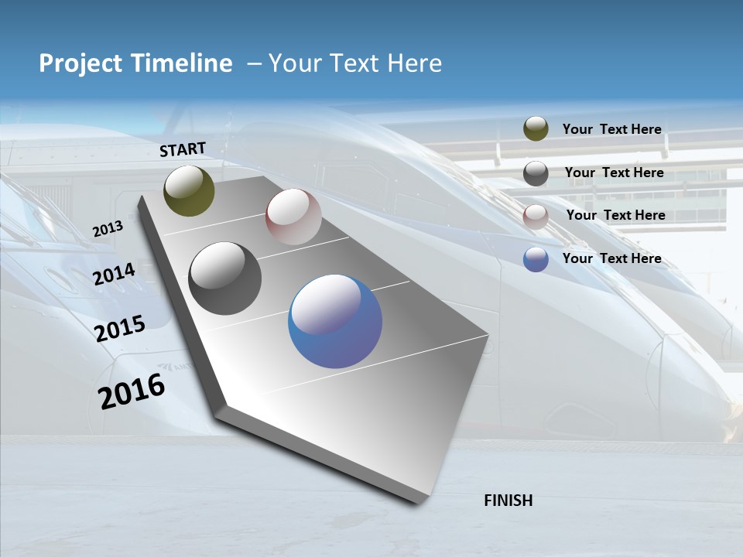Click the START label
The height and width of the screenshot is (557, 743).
point(183,149)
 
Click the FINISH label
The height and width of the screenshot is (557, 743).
point(508,501)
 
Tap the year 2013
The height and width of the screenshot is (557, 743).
point(108,229)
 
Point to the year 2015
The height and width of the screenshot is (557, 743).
point(120,329)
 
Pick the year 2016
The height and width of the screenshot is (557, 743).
point(132,391)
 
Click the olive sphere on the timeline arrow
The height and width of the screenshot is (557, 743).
point(189,190)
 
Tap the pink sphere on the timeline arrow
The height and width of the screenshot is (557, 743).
point(293,217)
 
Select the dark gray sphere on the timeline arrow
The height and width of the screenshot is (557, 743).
point(225,278)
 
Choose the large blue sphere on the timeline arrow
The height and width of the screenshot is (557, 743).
point(335,321)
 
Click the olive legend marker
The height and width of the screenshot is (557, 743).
point(536,129)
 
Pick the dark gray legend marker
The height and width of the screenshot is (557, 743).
point(536,173)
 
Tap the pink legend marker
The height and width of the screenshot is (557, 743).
point(536,216)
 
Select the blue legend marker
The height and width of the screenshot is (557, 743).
point(536,259)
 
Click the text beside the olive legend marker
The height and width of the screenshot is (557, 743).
point(611,129)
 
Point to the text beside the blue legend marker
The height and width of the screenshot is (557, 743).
point(611,258)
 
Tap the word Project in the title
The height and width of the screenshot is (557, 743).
point(78,63)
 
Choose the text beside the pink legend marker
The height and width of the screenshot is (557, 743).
point(615,215)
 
